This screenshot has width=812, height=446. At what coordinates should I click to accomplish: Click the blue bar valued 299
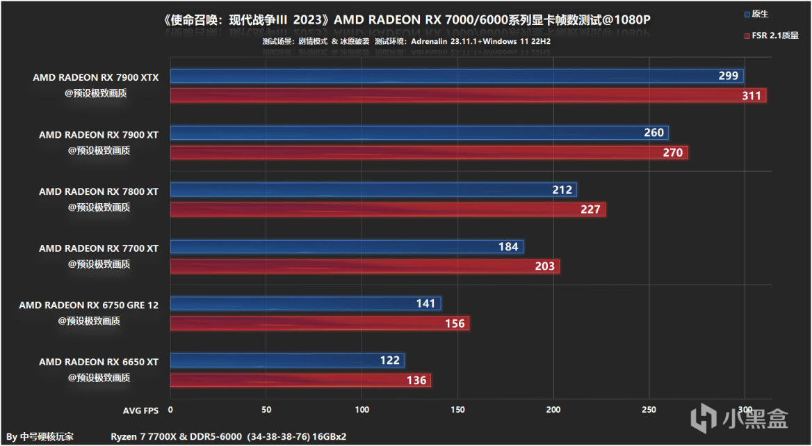tap(457, 76)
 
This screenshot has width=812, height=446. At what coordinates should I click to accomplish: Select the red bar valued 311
tap(468, 96)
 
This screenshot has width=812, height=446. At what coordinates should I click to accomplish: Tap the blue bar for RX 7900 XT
tap(419, 133)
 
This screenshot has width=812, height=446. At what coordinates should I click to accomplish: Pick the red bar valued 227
tap(388, 209)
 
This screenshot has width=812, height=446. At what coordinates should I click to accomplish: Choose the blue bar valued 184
tap(346, 246)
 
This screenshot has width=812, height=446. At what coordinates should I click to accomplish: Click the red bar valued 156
tap(320, 324)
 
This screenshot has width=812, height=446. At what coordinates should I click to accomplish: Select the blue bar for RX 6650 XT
tap(287, 360)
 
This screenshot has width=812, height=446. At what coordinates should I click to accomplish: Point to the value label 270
tap(673, 152)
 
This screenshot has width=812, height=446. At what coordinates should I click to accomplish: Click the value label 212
tap(562, 190)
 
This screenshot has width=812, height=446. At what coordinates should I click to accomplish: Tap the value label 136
tap(416, 381)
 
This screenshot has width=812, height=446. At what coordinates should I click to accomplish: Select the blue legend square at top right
tap(746, 14)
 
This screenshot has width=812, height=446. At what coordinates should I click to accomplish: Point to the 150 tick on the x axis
tap(457, 410)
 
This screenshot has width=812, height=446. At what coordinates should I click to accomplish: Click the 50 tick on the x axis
tap(266, 410)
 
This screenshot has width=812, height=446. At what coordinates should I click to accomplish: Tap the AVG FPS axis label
tap(143, 410)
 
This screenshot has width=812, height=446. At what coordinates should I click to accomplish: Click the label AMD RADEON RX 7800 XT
tap(99, 191)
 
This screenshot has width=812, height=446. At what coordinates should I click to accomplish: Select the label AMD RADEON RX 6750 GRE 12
tap(89, 305)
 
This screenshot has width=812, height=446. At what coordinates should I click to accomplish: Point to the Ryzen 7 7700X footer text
tap(228, 436)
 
